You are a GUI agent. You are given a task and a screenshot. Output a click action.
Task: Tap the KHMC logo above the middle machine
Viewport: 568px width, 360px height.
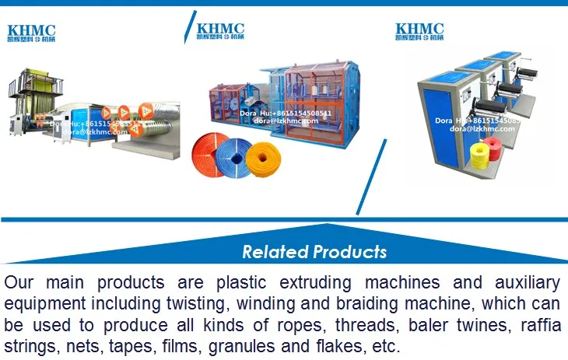[x=225, y=30]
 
